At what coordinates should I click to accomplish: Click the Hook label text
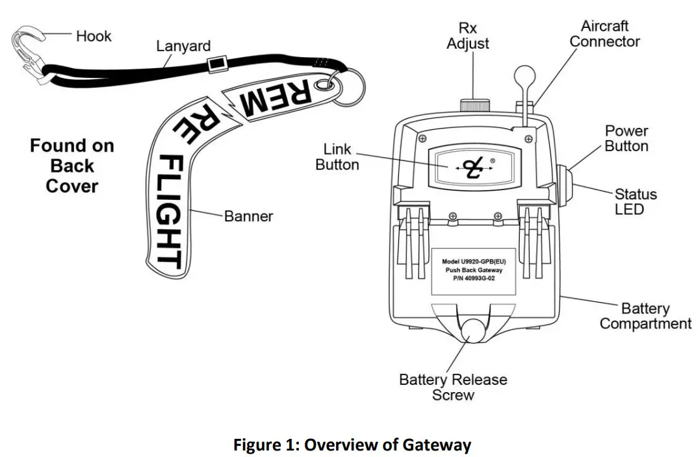click(94, 36)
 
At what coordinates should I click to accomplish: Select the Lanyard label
click(183, 47)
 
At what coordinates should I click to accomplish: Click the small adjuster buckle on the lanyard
click(213, 64)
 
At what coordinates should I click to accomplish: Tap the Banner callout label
click(249, 216)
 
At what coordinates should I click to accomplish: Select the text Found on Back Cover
click(71, 166)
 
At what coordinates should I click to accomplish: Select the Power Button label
click(626, 138)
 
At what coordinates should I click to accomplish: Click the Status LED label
click(635, 201)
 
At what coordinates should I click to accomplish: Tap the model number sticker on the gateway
click(473, 270)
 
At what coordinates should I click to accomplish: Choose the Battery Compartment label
click(645, 315)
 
